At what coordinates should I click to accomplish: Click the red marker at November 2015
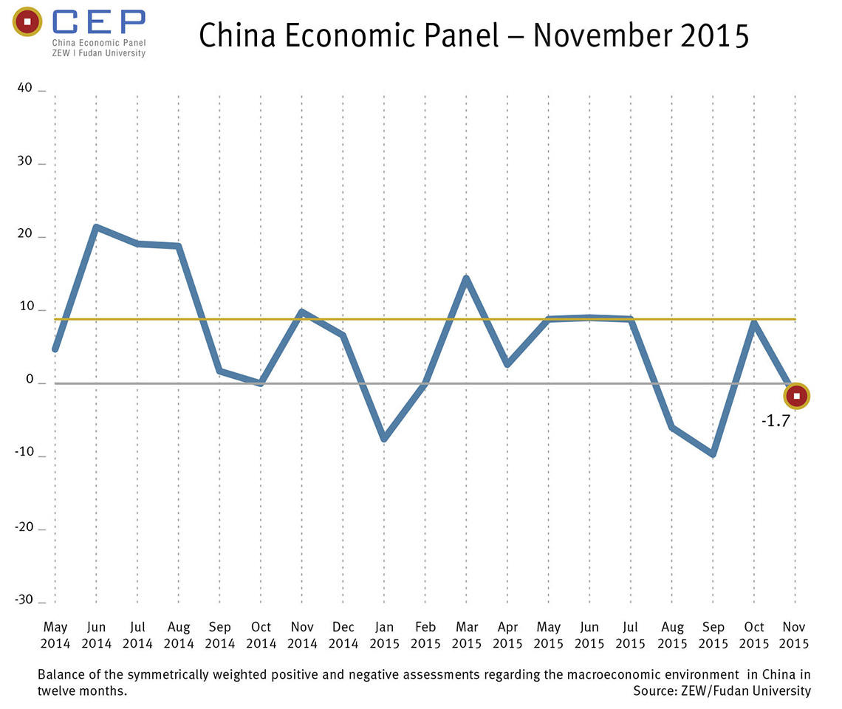796,397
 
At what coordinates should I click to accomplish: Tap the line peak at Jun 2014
97,227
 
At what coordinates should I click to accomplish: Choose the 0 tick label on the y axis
30,380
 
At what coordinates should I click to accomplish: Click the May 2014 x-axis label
56,635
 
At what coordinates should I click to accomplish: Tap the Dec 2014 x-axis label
343,635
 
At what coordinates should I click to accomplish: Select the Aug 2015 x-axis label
672,635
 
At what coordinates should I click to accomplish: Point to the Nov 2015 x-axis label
795,635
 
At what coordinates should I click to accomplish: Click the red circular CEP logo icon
27,22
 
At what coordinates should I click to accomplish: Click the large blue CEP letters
99,21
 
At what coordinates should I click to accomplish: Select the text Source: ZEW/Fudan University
722,691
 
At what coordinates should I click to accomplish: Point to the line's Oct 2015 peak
754,323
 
